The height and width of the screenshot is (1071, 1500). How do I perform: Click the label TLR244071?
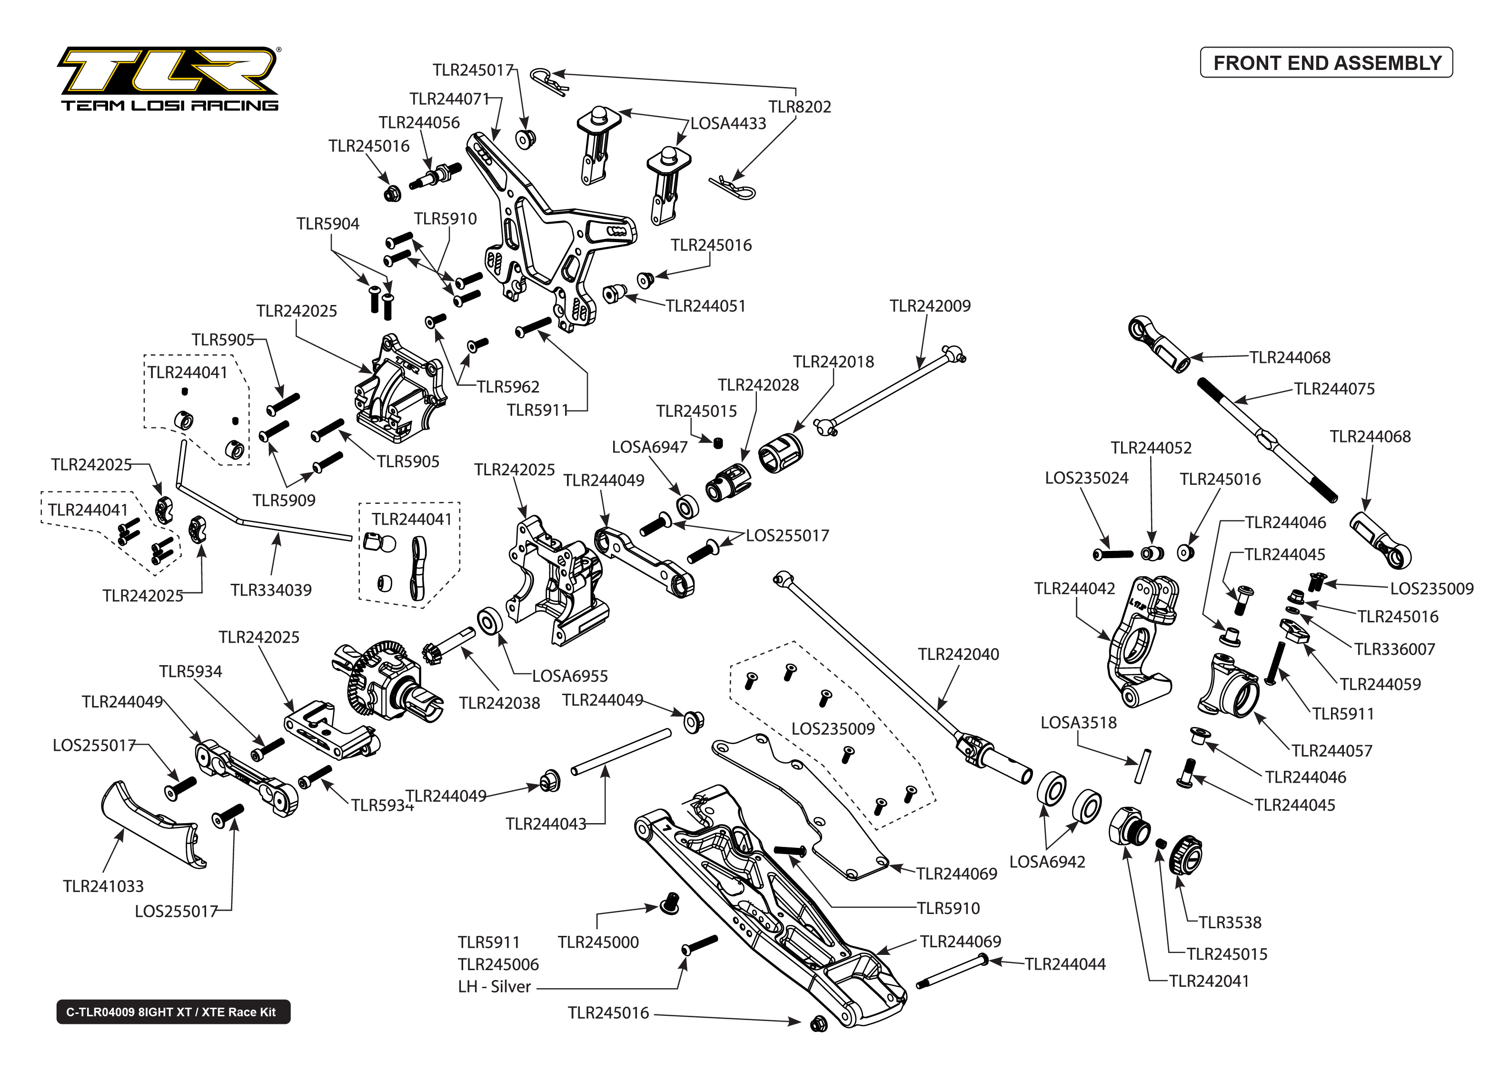coord(449,99)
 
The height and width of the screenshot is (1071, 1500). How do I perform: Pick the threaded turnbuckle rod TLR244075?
coord(1266,439)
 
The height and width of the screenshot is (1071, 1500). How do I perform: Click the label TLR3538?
coord(1230,922)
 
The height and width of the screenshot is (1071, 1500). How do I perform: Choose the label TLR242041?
coord(1209,981)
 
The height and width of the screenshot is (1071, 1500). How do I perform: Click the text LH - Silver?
coord(494,987)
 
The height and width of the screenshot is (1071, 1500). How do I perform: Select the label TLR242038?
coord(499,703)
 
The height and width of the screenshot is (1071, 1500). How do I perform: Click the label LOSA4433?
coord(728,123)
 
